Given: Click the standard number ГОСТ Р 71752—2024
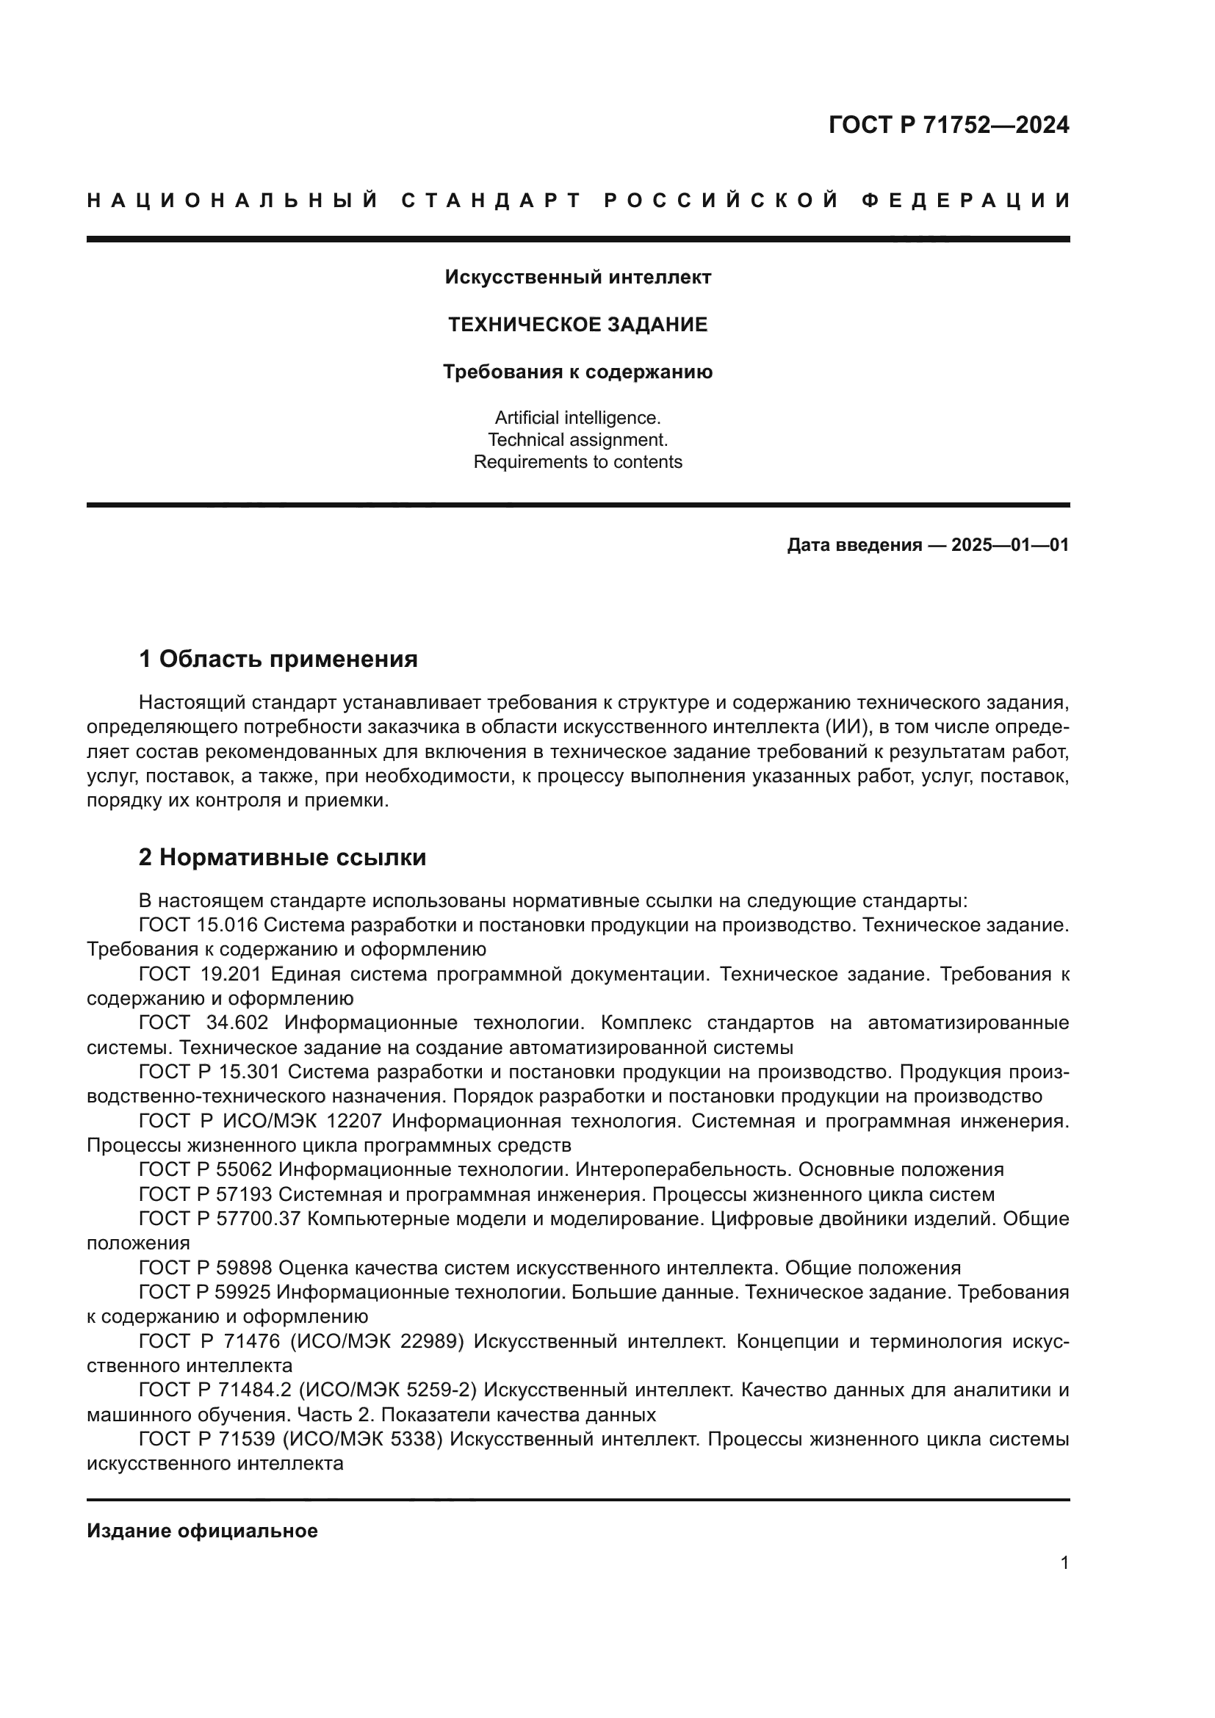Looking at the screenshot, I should pyautogui.click(x=948, y=125).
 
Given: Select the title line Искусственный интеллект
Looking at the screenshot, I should pyautogui.click(x=577, y=277).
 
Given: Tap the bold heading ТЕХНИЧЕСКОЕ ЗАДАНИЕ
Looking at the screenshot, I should pyautogui.click(x=577, y=325).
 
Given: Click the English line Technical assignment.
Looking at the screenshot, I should pyautogui.click(x=577, y=439).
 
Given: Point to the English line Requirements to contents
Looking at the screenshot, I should pyautogui.click(x=577, y=462).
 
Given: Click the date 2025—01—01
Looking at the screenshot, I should pyautogui.click(x=1010, y=545).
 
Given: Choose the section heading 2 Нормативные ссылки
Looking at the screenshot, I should pyautogui.click(x=282, y=857).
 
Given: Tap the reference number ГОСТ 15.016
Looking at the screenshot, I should pyautogui.click(x=198, y=925).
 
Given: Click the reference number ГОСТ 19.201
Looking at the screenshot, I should pyautogui.click(x=200, y=974).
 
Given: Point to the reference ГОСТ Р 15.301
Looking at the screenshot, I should pyautogui.click(x=209, y=1072).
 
